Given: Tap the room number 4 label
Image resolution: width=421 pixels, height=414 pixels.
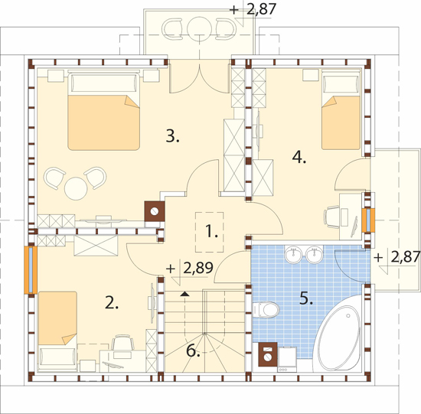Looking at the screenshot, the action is (x=299, y=157).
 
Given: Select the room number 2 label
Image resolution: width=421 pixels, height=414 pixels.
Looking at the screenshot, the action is (x=112, y=302).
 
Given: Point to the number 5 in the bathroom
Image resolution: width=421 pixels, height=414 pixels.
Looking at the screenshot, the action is (x=306, y=298).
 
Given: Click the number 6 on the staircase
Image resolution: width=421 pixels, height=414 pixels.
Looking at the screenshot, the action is (x=194, y=350).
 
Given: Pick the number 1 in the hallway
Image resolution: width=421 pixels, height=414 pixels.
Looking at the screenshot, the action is (x=211, y=231).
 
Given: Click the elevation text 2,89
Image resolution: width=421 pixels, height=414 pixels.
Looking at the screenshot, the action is (x=198, y=268).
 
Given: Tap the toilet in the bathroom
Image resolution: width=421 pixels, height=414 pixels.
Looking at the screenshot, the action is (x=266, y=310).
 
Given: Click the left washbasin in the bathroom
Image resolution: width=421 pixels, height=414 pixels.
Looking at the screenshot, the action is (x=293, y=254).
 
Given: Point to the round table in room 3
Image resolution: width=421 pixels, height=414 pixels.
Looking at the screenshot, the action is (x=76, y=188).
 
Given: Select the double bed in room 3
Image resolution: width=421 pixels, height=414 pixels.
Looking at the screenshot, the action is (x=103, y=111).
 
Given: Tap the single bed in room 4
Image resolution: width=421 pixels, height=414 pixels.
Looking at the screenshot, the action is (x=341, y=110).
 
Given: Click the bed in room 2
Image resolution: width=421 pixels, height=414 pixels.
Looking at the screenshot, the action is (x=57, y=332).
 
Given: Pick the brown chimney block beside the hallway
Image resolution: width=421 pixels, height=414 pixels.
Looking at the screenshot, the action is (x=155, y=211).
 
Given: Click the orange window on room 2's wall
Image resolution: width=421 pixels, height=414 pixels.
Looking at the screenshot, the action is (x=31, y=270).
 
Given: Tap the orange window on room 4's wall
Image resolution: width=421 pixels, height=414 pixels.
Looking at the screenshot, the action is (x=368, y=220).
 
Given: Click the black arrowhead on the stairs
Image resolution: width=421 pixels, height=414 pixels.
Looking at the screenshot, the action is (x=184, y=294).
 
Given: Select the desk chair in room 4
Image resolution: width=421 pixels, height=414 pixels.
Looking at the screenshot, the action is (x=331, y=217).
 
